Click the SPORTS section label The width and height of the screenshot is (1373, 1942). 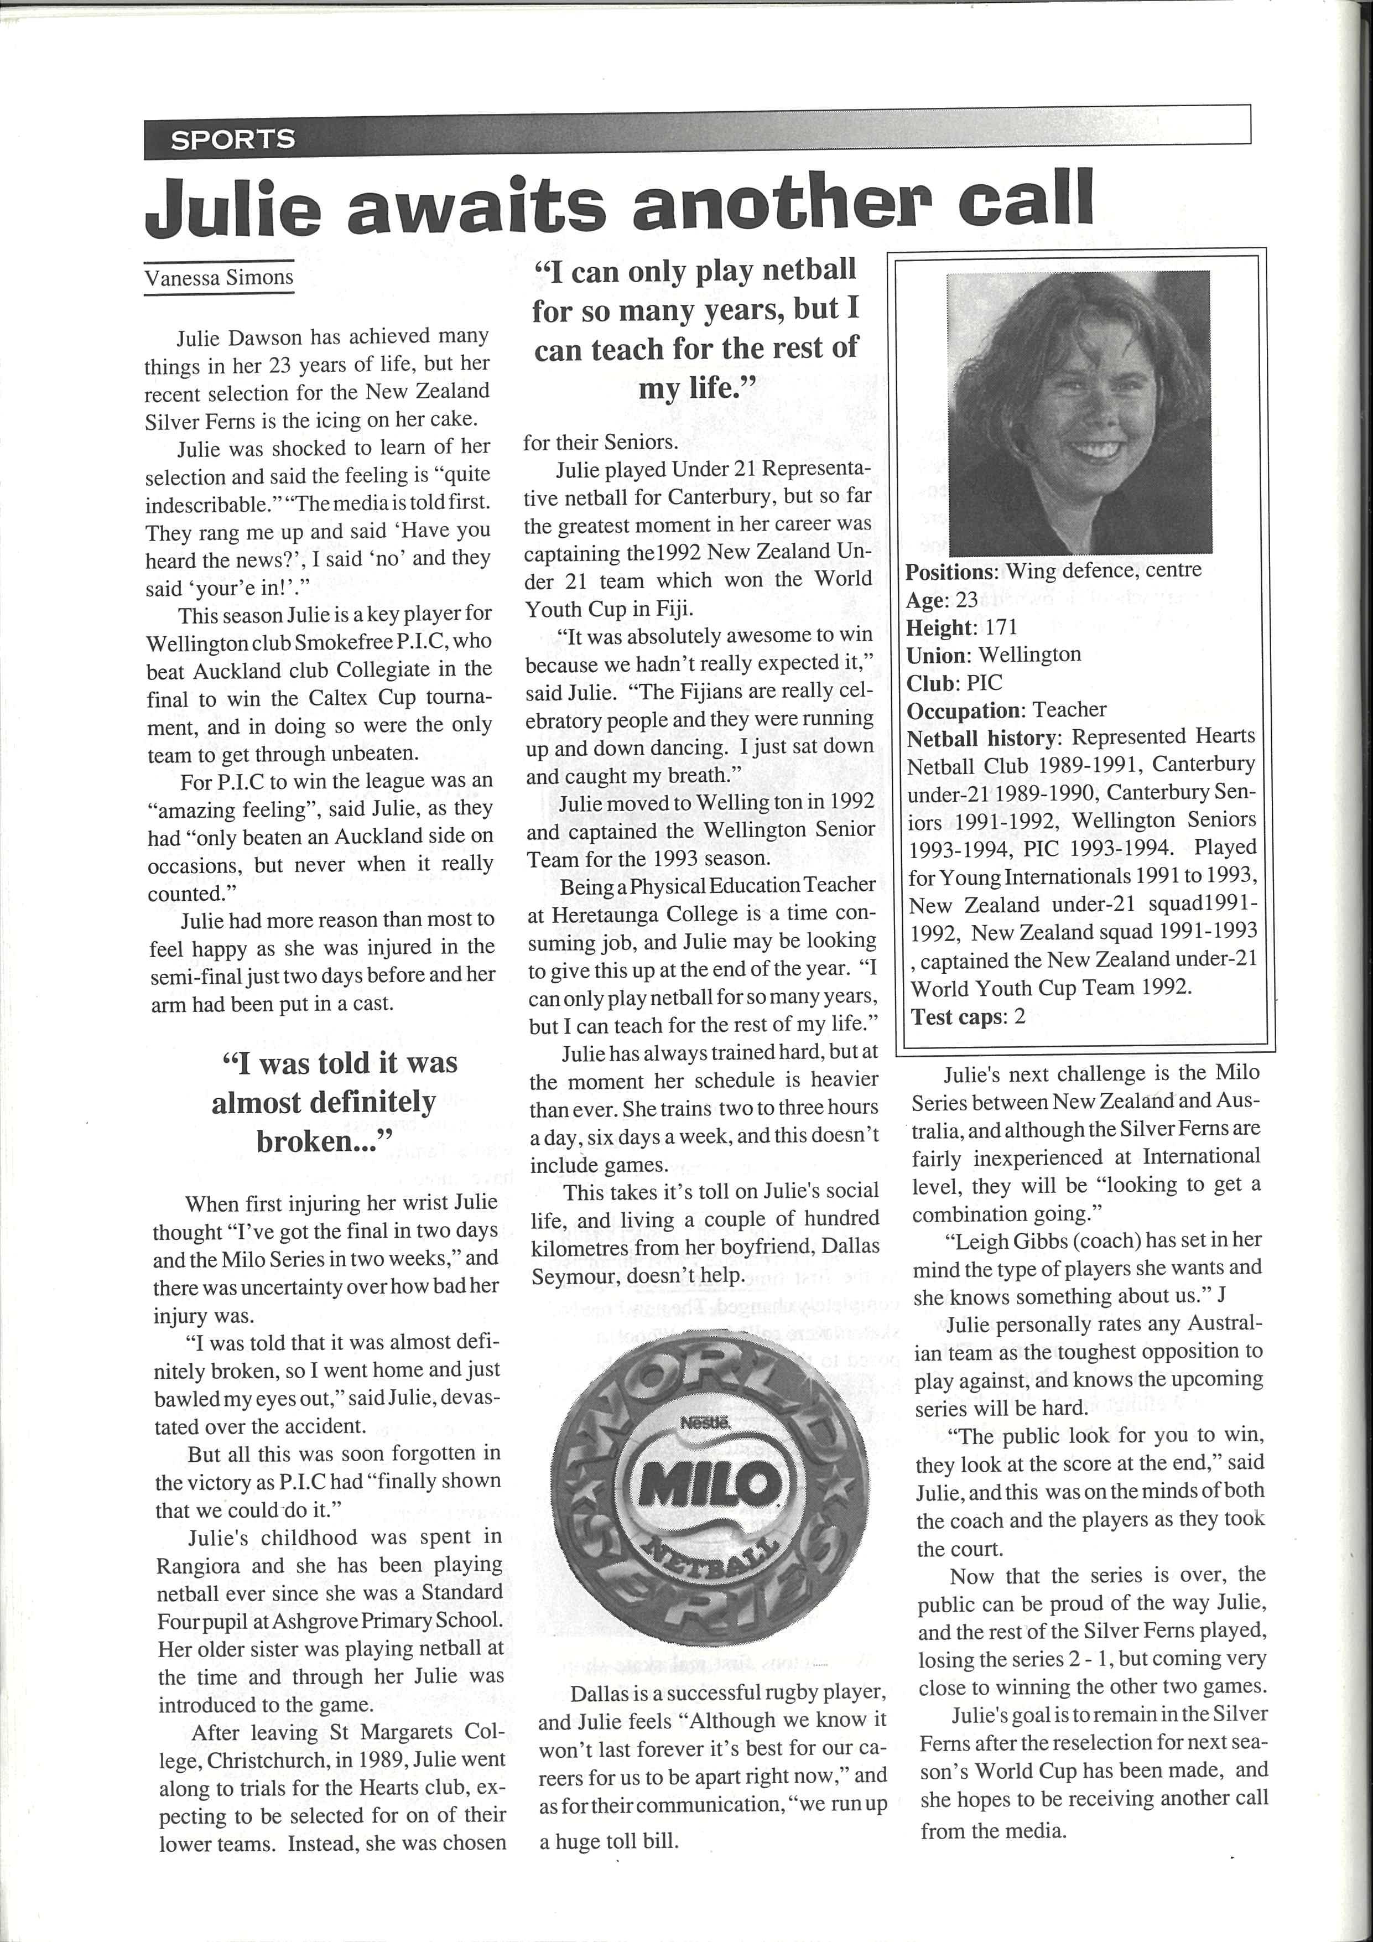(232, 139)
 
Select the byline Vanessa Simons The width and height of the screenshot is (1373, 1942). (219, 277)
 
